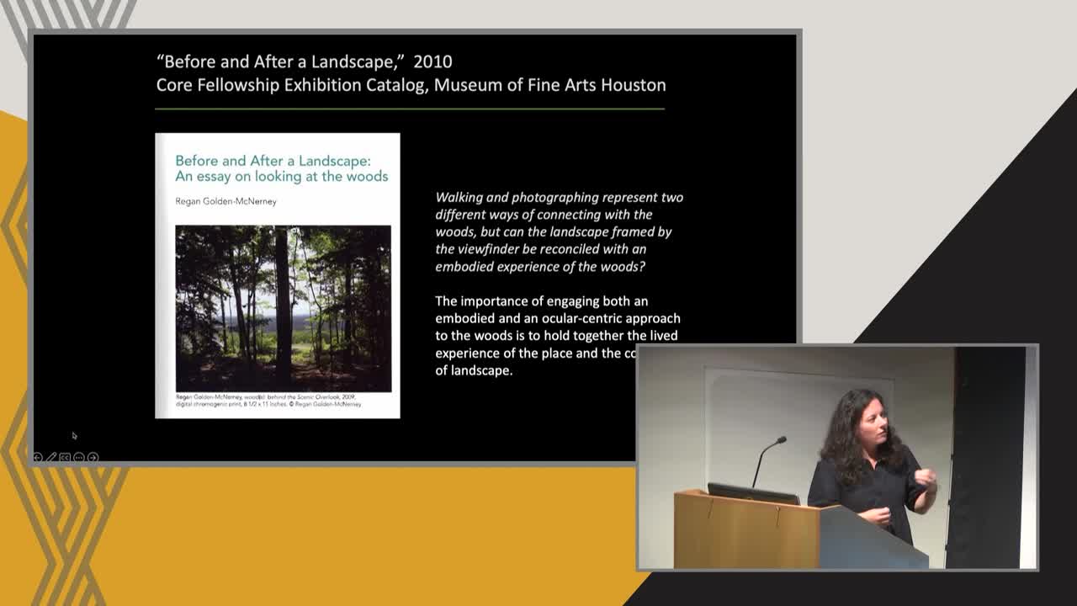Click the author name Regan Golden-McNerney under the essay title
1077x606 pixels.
pos(225,201)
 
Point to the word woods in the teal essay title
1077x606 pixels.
pos(367,177)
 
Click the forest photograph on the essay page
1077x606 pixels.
pos(283,308)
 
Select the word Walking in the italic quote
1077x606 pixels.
pos(459,197)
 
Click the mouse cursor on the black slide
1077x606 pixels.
pos(74,435)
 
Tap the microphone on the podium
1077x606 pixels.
pos(781,440)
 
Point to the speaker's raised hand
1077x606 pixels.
pos(925,479)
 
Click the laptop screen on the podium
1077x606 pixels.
pos(753,494)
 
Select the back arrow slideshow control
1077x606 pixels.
pos(37,457)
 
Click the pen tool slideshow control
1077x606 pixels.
pos(51,457)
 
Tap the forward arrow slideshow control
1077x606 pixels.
pos(93,457)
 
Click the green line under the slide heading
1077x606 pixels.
pos(410,109)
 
